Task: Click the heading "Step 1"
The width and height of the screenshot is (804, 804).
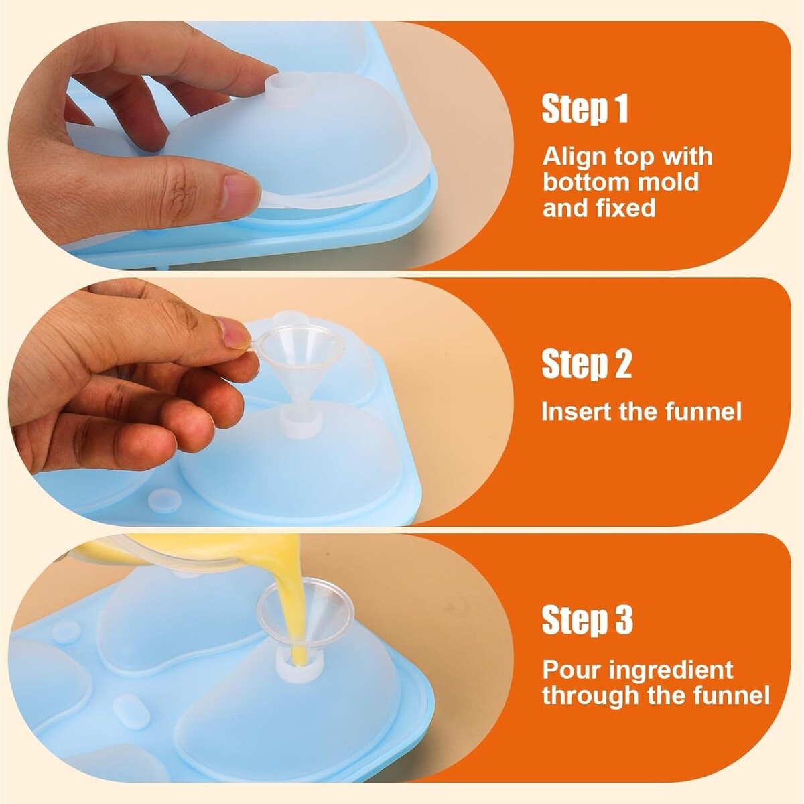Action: (x=585, y=109)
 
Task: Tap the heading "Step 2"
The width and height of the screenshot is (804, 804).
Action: (x=587, y=364)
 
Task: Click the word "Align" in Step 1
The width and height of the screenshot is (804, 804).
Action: (x=574, y=157)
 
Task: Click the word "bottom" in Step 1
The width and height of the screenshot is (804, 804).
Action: (x=585, y=182)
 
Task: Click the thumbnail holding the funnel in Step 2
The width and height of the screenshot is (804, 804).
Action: (x=232, y=332)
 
